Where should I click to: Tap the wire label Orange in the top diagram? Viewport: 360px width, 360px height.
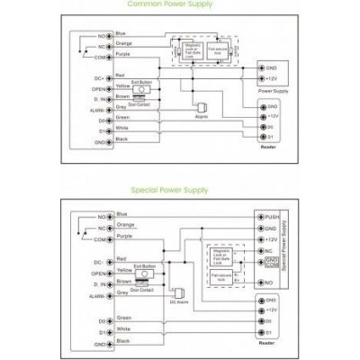[124, 41]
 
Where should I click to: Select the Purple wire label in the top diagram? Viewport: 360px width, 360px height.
[124, 54]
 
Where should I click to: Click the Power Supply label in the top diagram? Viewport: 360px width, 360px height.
[274, 91]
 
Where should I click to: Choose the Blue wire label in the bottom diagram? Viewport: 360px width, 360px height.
[121, 215]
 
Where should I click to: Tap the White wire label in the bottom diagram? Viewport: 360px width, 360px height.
[122, 330]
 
